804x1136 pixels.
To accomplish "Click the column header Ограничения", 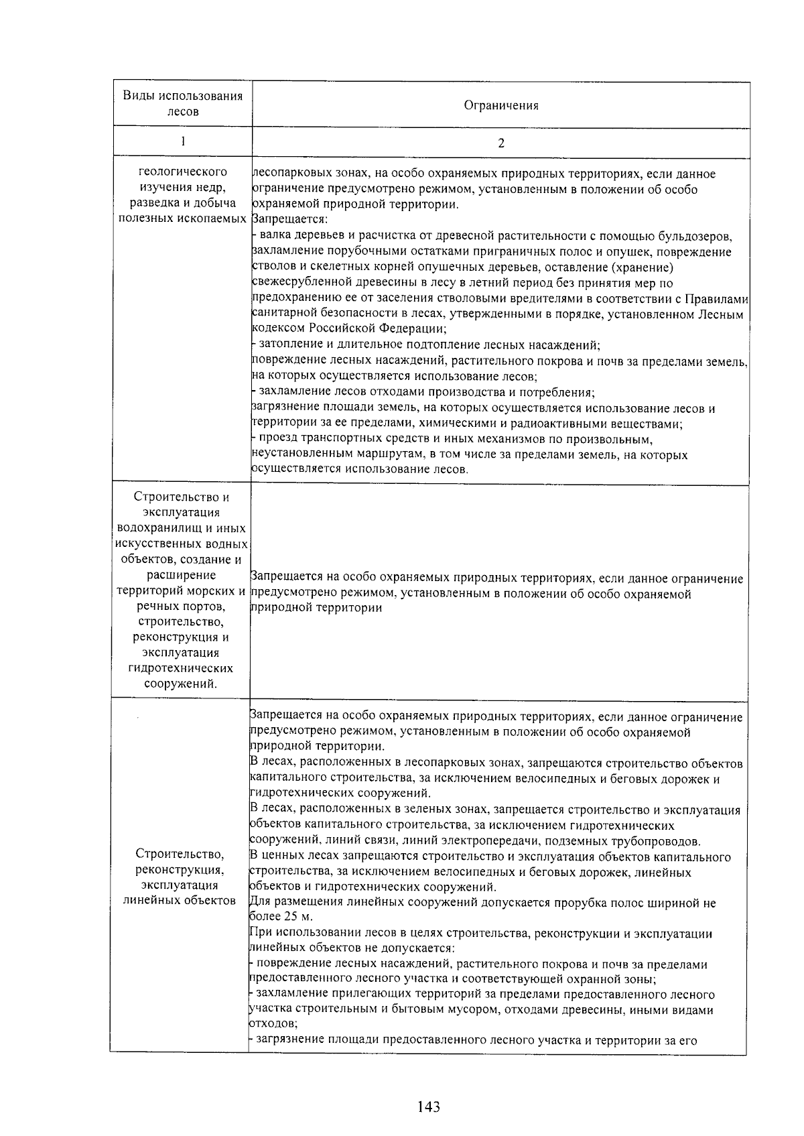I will [x=500, y=105].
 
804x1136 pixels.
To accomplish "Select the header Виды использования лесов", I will [x=182, y=103].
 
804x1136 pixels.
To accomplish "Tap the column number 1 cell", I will [x=182, y=141].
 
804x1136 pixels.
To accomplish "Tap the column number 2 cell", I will [x=500, y=143].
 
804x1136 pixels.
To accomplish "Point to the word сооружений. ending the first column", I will [x=180, y=684].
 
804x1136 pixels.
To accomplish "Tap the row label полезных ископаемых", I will [x=182, y=219].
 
